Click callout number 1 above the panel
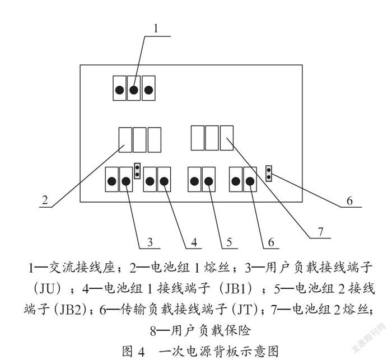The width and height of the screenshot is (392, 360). coord(156,29)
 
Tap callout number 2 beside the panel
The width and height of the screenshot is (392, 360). coord(45,200)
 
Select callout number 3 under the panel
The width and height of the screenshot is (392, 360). coord(150,242)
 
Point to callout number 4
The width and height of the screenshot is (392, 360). coord(194,242)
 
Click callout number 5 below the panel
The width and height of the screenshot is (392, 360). coord(229,242)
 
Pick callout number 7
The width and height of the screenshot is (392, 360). coord(320,231)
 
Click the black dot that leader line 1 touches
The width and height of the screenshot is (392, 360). coord(134,90)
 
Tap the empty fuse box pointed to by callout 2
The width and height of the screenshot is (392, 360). coord(125,140)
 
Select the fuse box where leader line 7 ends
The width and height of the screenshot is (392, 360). coord(227,138)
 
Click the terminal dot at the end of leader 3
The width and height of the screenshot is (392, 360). coord(126,181)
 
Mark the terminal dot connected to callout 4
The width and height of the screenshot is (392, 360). coord(164,181)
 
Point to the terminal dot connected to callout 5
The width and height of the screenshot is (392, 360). coord(209,181)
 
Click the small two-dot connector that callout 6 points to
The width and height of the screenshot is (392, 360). coord(269,174)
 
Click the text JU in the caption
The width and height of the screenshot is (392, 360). coord(47,289)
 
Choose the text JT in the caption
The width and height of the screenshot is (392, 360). coord(246,310)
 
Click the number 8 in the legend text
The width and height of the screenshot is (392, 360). coord(153,331)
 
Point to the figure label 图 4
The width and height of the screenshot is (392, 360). coord(133,352)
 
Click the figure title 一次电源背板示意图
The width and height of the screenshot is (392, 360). coord(218,352)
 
